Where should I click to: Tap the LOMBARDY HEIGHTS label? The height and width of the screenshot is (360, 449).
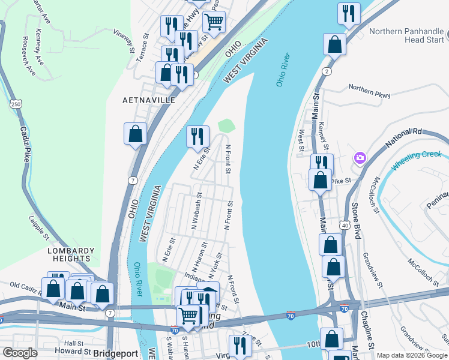coord(71,254)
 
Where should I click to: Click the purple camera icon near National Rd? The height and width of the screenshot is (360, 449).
coord(360,158)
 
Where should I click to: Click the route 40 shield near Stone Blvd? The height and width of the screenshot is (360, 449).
coord(345,225)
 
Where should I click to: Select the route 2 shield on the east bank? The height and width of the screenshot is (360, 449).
coord(326,71)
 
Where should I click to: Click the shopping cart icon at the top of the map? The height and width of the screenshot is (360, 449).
coord(214,22)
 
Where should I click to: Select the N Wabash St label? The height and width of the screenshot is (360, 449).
coord(196,211)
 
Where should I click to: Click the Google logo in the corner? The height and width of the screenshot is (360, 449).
coord(19,353)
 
